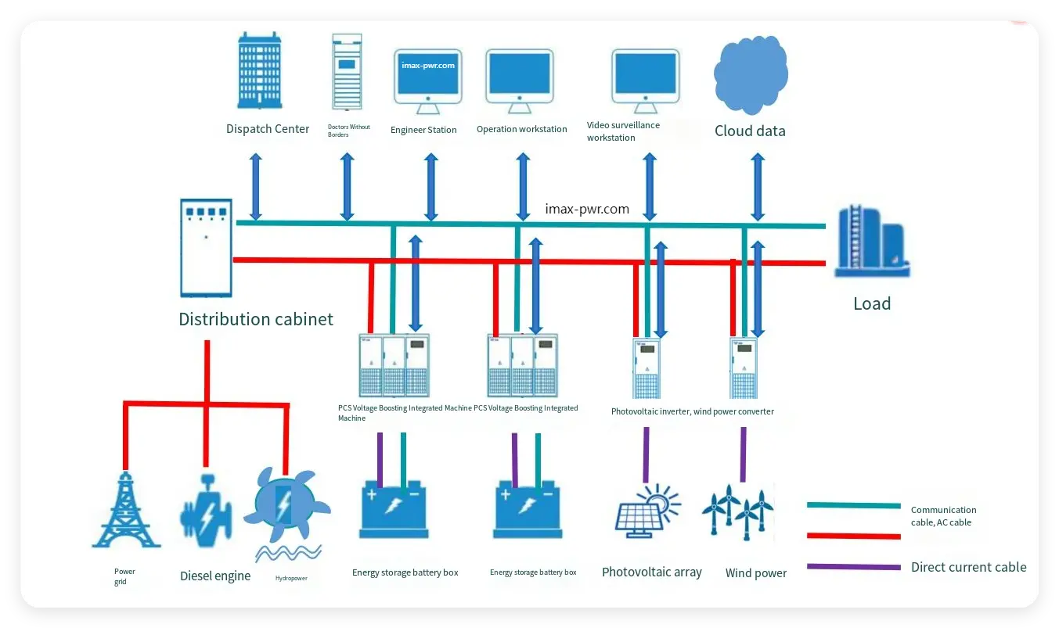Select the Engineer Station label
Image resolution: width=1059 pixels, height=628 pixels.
tap(423, 130)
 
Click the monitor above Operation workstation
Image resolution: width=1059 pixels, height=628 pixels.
tap(519, 77)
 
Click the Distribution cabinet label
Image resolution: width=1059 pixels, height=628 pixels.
tap(256, 319)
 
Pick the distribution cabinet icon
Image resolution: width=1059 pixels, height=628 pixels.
tap(206, 248)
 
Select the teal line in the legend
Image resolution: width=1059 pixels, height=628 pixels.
tap(853, 505)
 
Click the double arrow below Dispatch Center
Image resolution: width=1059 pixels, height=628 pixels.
tap(255, 187)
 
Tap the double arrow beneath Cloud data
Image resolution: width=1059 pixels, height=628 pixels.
tap(757, 187)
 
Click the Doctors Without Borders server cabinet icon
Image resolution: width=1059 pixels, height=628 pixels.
tap(347, 72)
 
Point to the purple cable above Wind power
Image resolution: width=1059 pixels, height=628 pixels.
tap(743, 454)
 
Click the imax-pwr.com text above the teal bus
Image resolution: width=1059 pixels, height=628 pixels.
tap(587, 209)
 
